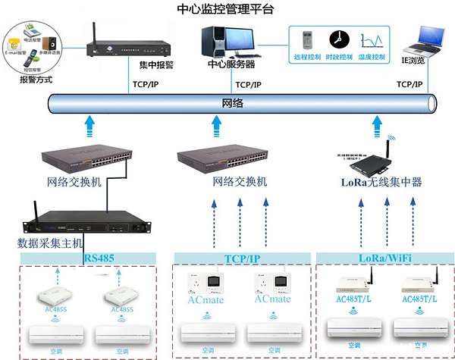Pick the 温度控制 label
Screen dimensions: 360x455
click(x=372, y=57)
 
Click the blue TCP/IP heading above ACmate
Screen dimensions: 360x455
click(x=242, y=258)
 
